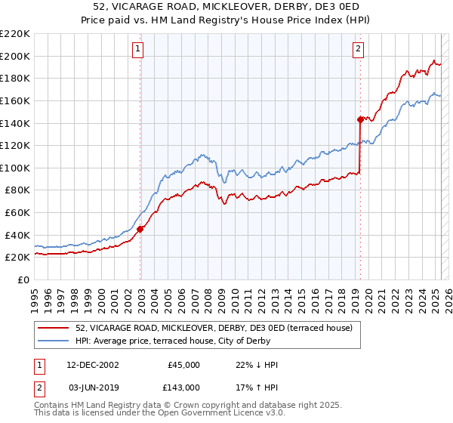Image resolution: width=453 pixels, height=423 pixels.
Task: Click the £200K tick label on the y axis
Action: coord(15,56)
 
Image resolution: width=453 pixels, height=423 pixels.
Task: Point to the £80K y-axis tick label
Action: coord(17,190)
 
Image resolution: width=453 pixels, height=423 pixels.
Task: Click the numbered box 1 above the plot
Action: coord(139,50)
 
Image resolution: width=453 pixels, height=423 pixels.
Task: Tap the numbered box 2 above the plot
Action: coord(358,50)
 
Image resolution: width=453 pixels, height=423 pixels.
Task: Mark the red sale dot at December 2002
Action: coord(140,230)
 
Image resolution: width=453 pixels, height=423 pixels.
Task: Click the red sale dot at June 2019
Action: coord(360,119)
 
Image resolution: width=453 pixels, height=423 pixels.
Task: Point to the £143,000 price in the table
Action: coord(184,387)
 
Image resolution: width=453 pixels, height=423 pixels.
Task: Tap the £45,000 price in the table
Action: coord(184,365)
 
